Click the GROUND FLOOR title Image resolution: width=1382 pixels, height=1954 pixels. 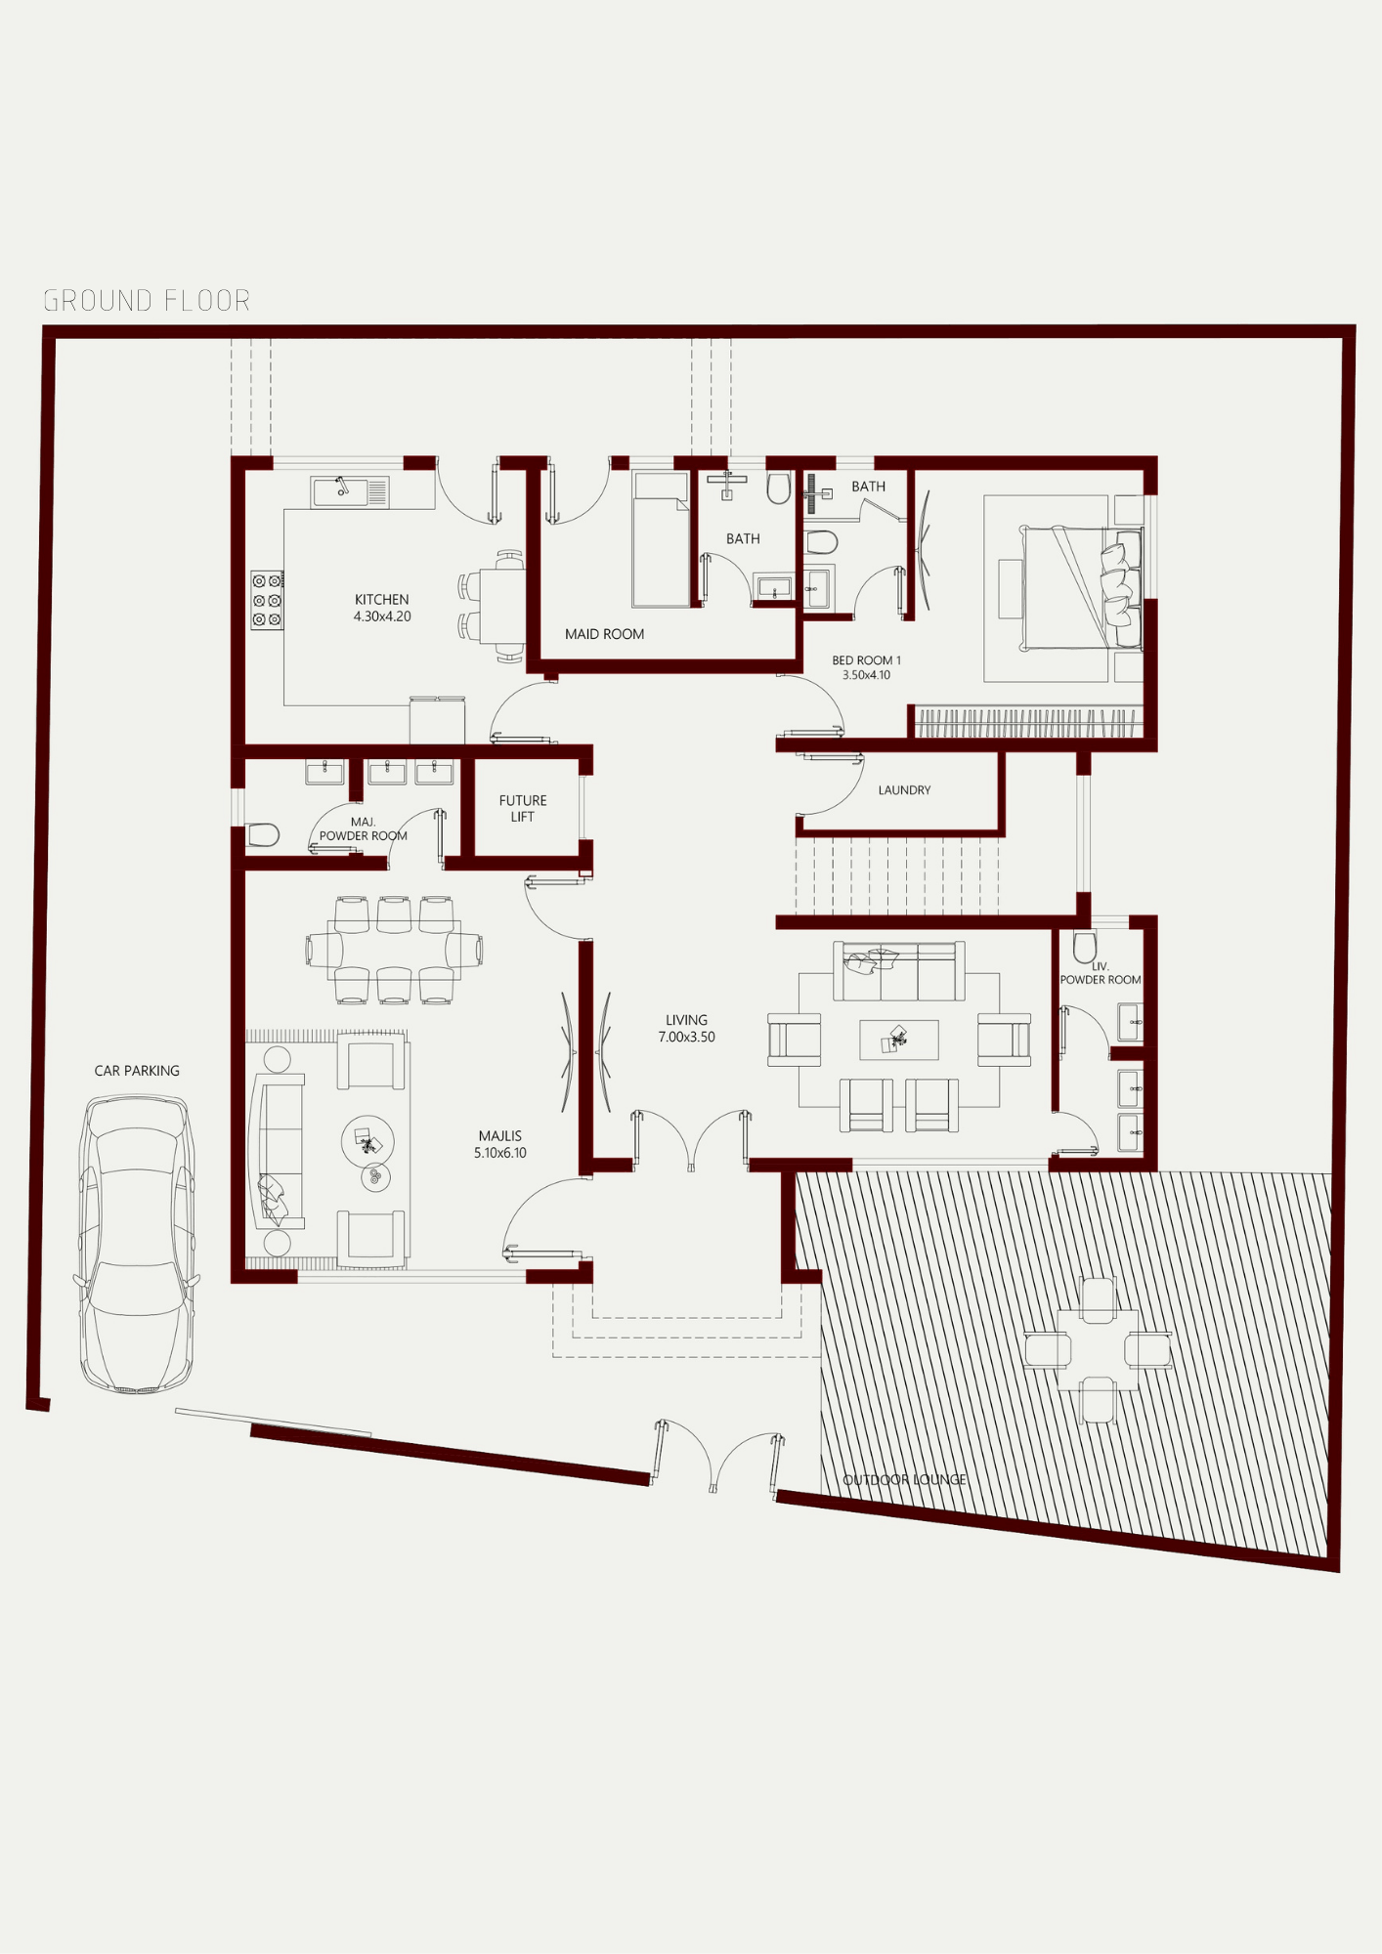pyautogui.click(x=148, y=301)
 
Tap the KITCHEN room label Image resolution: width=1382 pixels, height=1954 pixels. pyautogui.click(x=382, y=599)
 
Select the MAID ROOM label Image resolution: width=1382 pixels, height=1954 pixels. pyautogui.click(x=604, y=634)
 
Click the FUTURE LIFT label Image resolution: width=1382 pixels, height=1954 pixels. pyautogui.click(x=523, y=808)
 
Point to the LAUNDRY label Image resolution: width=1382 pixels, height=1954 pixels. pyautogui.click(x=904, y=789)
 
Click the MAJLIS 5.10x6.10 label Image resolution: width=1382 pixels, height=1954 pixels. pyautogui.click(x=500, y=1144)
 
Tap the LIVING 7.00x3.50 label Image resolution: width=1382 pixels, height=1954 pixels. pyautogui.click(x=687, y=1028)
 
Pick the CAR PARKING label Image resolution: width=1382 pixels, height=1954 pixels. pyautogui.click(x=137, y=1071)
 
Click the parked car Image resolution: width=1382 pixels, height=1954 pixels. pyautogui.click(x=136, y=1243)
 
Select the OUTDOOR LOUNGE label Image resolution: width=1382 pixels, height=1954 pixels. pyautogui.click(x=905, y=1479)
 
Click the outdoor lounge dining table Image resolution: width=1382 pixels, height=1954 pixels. pyautogui.click(x=1098, y=1349)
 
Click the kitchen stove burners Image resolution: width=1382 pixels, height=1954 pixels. pyautogui.click(x=267, y=600)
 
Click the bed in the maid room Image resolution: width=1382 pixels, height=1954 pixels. pyautogui.click(x=661, y=539)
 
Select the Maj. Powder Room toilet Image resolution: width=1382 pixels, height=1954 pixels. pyautogui.click(x=262, y=834)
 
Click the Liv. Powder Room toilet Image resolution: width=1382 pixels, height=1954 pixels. pyautogui.click(x=1085, y=946)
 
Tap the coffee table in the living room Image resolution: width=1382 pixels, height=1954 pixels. pyautogui.click(x=899, y=1040)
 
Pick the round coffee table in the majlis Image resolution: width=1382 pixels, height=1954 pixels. pyautogui.click(x=368, y=1141)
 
